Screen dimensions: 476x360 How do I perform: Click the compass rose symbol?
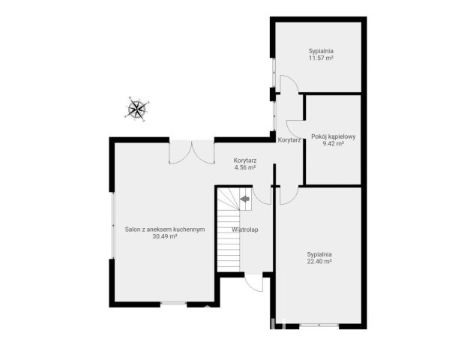click(x=137, y=109)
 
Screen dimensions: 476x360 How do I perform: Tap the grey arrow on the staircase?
click(x=244, y=199)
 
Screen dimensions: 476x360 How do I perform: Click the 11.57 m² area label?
click(x=321, y=58)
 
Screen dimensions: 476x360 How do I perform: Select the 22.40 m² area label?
click(x=319, y=261)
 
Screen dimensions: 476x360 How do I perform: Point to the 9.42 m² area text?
click(x=334, y=144)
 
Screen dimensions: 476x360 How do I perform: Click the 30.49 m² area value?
click(x=165, y=236)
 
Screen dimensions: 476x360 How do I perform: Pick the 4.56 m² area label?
click(x=245, y=167)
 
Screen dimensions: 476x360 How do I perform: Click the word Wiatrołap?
click(x=245, y=229)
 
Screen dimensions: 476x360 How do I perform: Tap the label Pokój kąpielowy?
click(x=334, y=136)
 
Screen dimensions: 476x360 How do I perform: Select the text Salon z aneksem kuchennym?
click(x=165, y=229)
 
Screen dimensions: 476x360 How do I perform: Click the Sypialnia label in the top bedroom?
click(x=321, y=51)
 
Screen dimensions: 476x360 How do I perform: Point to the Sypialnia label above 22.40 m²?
click(x=319, y=254)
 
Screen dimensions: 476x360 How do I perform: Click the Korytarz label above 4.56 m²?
click(x=245, y=160)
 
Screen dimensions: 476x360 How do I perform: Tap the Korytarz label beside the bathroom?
click(x=289, y=140)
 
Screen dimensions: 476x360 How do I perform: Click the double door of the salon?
click(x=192, y=152)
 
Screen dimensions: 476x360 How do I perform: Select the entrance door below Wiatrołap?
click(x=254, y=283)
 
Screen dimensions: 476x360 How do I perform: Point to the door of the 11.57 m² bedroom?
click(x=289, y=84)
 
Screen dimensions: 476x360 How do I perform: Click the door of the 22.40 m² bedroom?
click(x=289, y=195)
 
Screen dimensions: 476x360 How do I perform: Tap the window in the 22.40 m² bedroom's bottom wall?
click(x=319, y=326)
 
